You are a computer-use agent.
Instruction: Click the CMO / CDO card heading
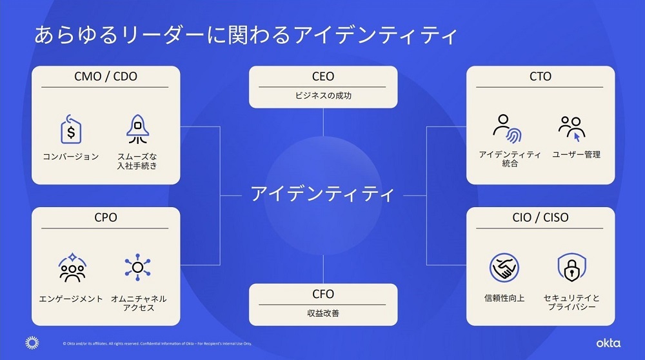(106, 77)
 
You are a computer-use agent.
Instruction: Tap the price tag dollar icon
(71, 131)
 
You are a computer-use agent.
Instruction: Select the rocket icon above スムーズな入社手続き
(137, 130)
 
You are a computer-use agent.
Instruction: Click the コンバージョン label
(71, 157)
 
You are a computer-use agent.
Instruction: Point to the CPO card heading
(106, 218)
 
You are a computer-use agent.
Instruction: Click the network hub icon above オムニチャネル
(137, 269)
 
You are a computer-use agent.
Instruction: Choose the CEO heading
(323, 77)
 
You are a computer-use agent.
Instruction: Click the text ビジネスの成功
(323, 95)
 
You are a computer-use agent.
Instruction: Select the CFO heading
(323, 294)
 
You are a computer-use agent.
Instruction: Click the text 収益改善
(323, 314)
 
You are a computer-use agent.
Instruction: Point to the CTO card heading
(541, 77)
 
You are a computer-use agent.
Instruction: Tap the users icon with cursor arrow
(572, 128)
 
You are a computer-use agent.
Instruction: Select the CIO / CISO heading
(541, 218)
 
